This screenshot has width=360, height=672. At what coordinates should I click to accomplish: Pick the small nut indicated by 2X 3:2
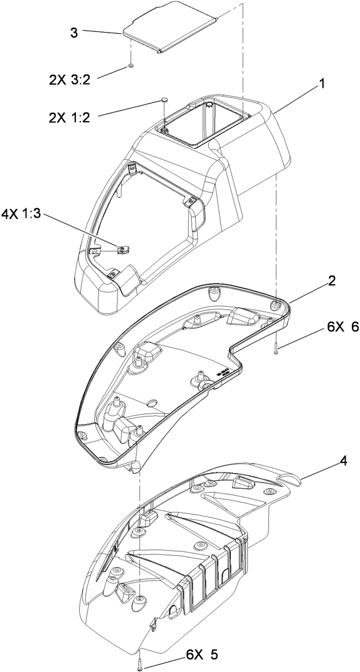tap(130, 65)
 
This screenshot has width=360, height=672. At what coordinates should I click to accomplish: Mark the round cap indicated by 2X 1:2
tap(164, 99)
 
